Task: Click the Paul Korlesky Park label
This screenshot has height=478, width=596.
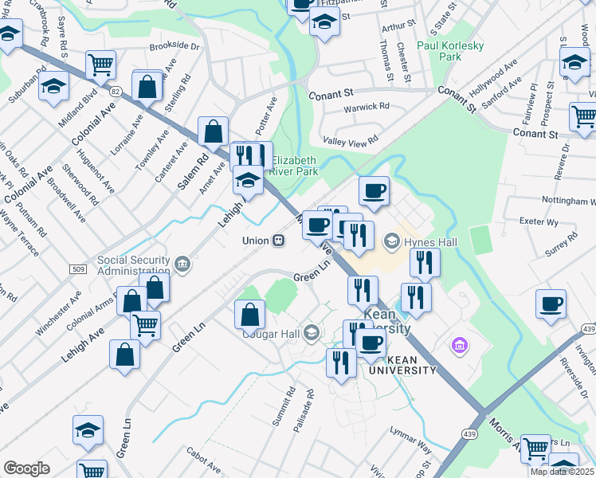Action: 450,51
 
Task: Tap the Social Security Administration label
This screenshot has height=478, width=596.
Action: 134,265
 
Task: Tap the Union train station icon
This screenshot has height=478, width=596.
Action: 278,240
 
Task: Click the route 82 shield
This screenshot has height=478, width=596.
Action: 116,92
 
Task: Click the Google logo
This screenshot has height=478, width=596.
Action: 26,468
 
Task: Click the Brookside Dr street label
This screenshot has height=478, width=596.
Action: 174,46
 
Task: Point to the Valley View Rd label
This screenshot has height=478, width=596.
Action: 350,141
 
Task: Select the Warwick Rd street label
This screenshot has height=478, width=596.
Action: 366,106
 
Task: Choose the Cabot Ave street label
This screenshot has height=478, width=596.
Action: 204,460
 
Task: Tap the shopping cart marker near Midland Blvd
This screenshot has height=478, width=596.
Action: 100,64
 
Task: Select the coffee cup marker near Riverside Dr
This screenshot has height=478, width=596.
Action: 551,304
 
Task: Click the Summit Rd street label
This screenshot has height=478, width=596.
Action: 284,407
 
